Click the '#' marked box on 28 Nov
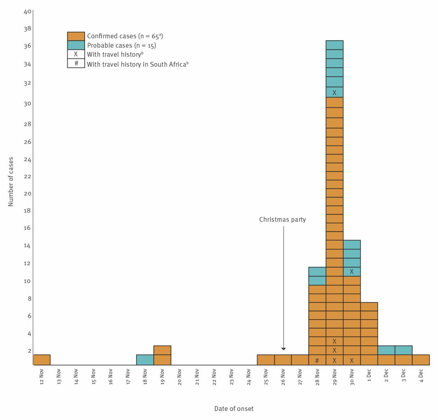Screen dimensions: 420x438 click(317, 360)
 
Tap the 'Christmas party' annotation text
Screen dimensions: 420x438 click(282, 220)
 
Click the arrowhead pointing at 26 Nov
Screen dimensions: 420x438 click(283, 349)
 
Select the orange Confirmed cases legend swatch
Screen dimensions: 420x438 click(76, 36)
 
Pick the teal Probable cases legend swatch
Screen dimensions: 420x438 click(76, 45)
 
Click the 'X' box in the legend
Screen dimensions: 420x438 click(76, 54)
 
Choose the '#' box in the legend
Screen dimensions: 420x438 click(76, 63)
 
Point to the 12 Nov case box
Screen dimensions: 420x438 click(41, 360)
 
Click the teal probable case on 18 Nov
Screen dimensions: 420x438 click(145, 360)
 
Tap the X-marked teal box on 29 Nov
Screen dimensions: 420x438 click(335, 92)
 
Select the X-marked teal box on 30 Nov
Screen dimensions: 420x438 click(352, 272)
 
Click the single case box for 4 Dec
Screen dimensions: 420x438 click(421, 360)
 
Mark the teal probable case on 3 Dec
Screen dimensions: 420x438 click(404, 350)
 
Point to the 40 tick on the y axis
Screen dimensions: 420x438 click(28, 11)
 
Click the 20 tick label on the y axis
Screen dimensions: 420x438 click(28, 193)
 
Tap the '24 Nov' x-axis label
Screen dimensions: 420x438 click(249, 377)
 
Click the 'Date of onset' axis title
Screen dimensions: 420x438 click(234, 409)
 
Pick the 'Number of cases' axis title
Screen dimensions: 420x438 click(11, 181)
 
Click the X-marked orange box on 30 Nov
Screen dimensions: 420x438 click(352, 360)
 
